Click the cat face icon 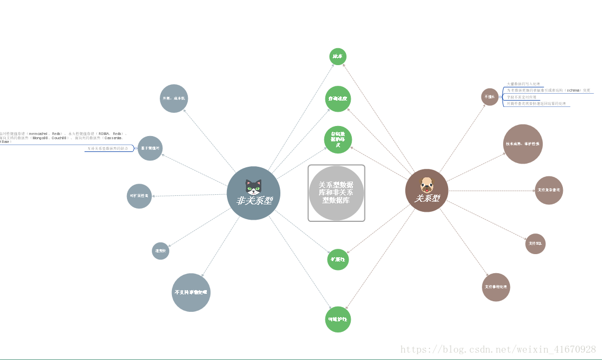coord(253,186)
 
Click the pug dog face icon coord(426,185)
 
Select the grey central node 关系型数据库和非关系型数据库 coord(336,193)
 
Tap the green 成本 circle coord(338,56)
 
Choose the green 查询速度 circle coord(338,99)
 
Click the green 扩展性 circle coord(338,259)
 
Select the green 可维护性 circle coord(338,319)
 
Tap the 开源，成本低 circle coord(174,98)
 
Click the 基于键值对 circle coord(150,148)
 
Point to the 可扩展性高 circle coord(139,196)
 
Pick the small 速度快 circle coord(160,251)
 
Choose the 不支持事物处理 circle coord(191,292)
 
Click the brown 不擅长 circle coord(490,97)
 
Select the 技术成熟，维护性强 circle coord(523,144)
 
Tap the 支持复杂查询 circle coord(549,190)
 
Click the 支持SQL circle coord(535,244)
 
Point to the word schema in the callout coord(573,91)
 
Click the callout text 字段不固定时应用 coord(522,97)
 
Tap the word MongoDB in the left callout coord(41,138)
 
